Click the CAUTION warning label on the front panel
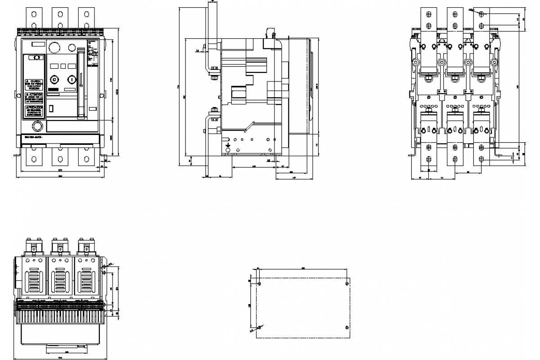33,84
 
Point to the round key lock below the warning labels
38,126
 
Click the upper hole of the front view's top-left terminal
34,13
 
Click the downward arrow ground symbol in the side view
228,146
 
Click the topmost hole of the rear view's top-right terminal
481,14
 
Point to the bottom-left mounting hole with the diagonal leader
259,327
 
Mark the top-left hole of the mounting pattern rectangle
259,284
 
